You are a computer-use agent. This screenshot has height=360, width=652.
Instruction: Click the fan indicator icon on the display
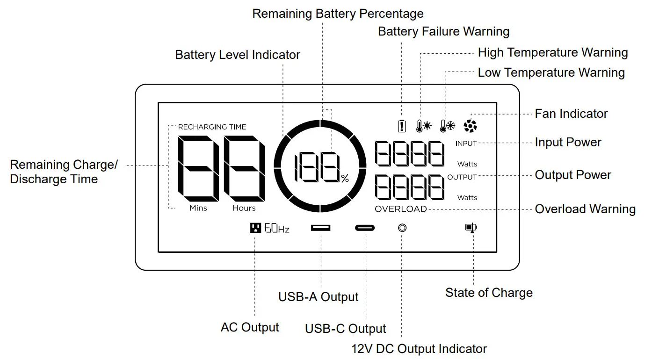470,125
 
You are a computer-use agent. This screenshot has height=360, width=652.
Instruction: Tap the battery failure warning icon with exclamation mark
401,126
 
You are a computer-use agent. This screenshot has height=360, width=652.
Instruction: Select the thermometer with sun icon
424,126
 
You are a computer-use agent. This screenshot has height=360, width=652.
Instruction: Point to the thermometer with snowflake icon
447,126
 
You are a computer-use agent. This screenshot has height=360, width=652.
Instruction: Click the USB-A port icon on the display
320,228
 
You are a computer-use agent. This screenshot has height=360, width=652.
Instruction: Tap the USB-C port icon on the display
364,228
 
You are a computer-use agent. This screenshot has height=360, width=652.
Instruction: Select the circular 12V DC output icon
402,228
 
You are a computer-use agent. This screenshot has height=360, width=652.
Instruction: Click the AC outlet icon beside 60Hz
255,228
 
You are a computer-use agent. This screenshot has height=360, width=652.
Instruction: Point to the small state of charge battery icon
471,228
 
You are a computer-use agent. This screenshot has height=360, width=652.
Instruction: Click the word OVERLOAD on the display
401,209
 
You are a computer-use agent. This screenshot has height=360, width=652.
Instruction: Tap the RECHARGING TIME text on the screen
212,127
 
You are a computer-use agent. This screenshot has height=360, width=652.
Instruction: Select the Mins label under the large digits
198,208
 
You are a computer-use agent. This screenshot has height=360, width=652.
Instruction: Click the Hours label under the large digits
244,208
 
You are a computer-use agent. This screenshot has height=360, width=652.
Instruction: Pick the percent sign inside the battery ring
345,179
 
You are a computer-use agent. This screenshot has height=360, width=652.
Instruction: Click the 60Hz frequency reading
277,229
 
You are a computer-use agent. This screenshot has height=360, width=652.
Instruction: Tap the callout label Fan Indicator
571,114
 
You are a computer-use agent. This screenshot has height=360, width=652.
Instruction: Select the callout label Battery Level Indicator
238,55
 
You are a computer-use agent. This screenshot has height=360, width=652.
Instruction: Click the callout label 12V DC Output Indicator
419,349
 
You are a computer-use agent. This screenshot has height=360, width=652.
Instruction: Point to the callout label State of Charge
489,293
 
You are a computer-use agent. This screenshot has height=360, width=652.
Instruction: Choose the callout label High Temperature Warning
552,52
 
